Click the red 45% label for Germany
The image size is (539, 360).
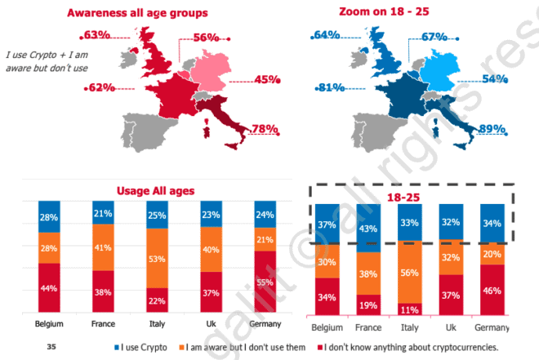tap(266, 79)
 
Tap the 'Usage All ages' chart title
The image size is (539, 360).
tap(159, 190)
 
